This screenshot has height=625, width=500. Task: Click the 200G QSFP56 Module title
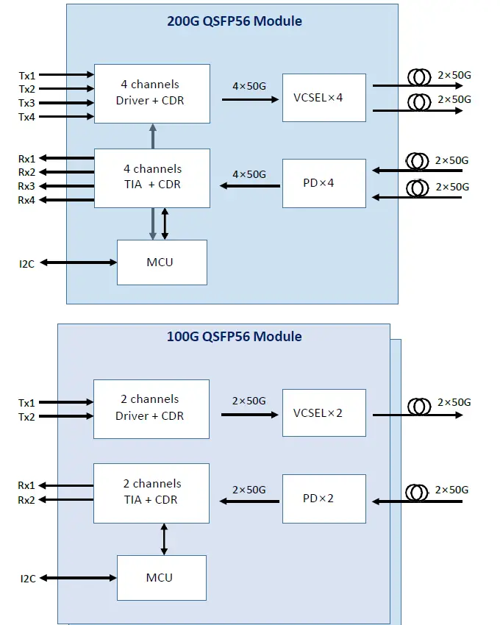[x=235, y=21]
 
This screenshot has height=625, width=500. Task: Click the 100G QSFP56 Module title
[x=235, y=337]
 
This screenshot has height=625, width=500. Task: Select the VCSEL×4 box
[x=324, y=98]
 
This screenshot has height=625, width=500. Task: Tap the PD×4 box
[x=324, y=182]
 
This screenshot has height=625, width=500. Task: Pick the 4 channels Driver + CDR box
[x=151, y=93]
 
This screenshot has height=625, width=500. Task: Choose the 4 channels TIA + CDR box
[x=151, y=176]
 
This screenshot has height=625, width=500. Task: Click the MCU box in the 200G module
[x=161, y=262]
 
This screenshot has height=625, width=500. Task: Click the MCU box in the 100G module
[x=161, y=578]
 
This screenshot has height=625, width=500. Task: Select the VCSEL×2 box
[x=324, y=413]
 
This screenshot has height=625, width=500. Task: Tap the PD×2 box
[x=324, y=499]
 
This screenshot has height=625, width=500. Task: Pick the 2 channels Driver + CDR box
[x=151, y=408]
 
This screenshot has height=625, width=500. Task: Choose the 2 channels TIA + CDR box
[x=151, y=492]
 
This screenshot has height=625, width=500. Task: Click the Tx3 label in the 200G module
[x=26, y=103]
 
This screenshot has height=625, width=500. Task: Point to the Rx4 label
[x=26, y=201]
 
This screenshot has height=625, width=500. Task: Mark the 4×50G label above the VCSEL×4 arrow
[x=249, y=85]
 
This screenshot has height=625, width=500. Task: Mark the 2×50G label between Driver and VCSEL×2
[x=249, y=401]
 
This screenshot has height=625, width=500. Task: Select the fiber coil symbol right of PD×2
[x=418, y=492]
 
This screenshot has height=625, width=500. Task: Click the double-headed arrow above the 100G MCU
[x=164, y=539]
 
